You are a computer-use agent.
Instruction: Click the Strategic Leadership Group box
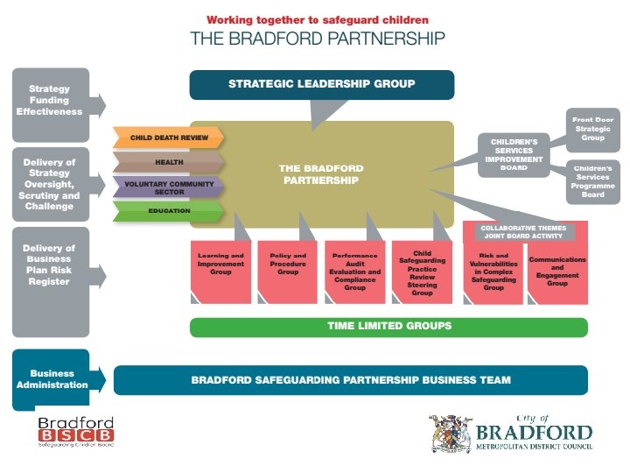321,85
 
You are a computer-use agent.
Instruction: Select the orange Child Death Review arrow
166,138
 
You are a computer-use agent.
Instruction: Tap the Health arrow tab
166,162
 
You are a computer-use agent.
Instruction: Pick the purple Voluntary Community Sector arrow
166,186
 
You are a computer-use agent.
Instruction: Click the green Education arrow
166,210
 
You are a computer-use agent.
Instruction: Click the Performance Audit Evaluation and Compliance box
354,272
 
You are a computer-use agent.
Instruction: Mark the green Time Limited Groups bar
388,327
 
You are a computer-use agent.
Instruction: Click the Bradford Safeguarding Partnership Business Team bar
350,380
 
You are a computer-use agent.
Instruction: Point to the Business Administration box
52,379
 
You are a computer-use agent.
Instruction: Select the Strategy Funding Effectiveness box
52,101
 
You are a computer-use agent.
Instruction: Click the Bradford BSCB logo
75,432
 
